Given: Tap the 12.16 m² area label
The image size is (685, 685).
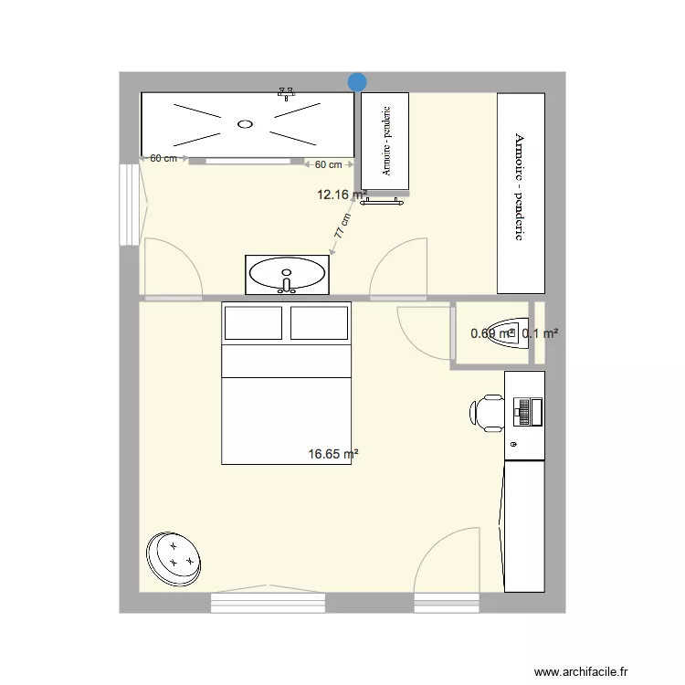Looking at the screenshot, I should (x=342, y=195).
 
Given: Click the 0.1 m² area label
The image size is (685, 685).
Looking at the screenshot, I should (x=540, y=334).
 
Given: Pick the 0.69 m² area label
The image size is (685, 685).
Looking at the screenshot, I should (x=492, y=334).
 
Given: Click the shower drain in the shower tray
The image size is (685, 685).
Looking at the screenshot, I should (x=245, y=123).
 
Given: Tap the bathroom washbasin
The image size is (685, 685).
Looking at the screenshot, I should (x=287, y=273).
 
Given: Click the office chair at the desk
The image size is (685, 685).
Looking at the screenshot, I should (x=489, y=413).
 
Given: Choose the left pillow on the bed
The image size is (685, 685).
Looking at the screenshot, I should (x=253, y=323).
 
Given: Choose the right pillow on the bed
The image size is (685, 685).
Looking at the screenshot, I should (x=319, y=323).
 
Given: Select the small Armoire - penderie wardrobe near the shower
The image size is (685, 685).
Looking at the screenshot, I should (x=385, y=141).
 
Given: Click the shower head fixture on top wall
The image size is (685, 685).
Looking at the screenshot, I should (x=288, y=92).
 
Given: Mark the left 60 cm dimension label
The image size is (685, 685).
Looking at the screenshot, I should (x=163, y=158).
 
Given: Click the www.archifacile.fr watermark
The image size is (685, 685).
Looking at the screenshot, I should (x=582, y=672).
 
